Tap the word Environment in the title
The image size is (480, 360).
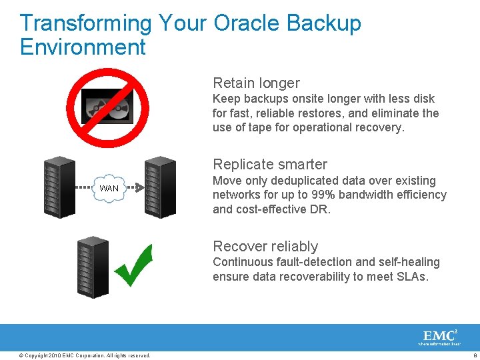[83, 47]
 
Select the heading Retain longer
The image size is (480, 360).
[256, 83]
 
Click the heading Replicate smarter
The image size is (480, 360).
[270, 164]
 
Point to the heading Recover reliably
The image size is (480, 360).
[265, 246]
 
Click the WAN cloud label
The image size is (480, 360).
[109, 188]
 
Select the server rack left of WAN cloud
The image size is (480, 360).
[59, 187]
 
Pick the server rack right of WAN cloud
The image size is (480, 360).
[159, 187]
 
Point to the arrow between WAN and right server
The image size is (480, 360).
[135, 188]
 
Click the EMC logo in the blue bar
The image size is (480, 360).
[439, 337]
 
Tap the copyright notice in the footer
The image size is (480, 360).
[85, 355]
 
